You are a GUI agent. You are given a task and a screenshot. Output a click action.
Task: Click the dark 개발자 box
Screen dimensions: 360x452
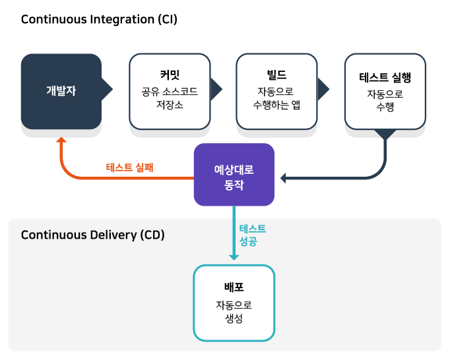pyautogui.click(x=61, y=91)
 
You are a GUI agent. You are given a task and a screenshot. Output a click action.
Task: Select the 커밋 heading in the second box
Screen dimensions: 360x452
pyautogui.click(x=170, y=75)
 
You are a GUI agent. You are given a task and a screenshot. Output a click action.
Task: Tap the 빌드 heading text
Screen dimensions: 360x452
pyautogui.click(x=276, y=75)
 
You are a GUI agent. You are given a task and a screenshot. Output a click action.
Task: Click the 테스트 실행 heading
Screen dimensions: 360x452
pyautogui.click(x=385, y=78)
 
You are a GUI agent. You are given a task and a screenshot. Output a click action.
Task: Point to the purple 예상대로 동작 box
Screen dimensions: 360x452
pyautogui.click(x=234, y=175)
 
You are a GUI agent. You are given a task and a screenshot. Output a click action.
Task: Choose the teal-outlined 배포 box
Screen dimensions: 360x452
pyautogui.click(x=234, y=303)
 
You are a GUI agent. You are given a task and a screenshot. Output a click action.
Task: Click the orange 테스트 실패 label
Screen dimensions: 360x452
pyautogui.click(x=130, y=167)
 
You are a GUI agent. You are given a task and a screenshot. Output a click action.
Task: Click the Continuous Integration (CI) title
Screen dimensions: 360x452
pyautogui.click(x=99, y=19)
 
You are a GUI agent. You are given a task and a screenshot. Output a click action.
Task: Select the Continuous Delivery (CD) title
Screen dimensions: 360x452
pyautogui.click(x=93, y=235)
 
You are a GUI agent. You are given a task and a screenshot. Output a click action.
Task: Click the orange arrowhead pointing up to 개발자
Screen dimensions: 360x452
pyautogui.click(x=61, y=140)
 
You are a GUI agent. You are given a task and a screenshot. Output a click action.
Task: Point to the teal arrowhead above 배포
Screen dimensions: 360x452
pyautogui.click(x=234, y=257)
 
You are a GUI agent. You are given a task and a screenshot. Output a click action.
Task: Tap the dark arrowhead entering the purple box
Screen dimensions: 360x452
pyautogui.click(x=284, y=178)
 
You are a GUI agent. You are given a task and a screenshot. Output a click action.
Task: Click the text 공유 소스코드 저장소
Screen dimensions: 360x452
pyautogui.click(x=170, y=98)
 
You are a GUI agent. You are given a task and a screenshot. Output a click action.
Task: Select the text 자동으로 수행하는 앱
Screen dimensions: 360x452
pyautogui.click(x=276, y=98)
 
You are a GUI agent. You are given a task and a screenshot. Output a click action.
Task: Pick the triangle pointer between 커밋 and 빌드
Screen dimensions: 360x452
pyautogui.click(x=216, y=89)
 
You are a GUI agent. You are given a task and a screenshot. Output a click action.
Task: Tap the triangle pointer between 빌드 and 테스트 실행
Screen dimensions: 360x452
pyautogui.click(x=323, y=89)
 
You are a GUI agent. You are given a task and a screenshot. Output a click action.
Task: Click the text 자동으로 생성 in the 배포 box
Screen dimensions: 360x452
pyautogui.click(x=234, y=312)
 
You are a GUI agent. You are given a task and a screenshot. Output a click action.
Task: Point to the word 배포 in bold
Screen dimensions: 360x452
pyautogui.click(x=234, y=288)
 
